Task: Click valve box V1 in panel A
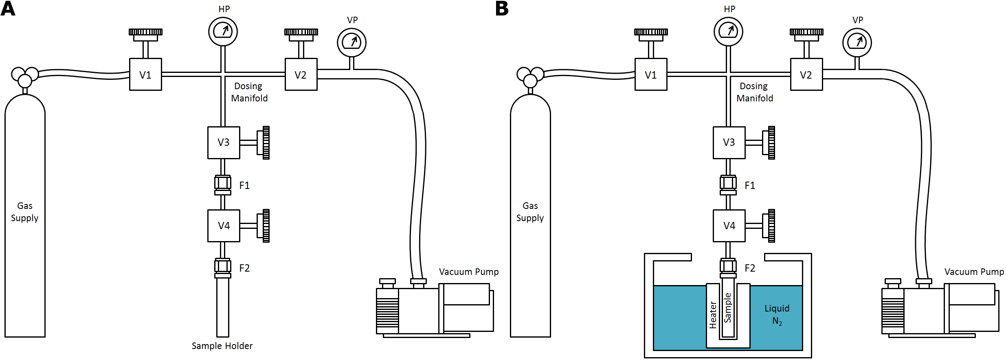(x=145, y=75)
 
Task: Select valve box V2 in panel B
(x=806, y=75)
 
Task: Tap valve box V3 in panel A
(x=224, y=143)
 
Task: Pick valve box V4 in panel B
(x=729, y=226)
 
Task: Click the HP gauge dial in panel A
(x=223, y=31)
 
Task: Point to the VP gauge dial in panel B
(x=857, y=42)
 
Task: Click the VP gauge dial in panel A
(x=351, y=42)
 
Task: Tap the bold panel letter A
(x=8, y=9)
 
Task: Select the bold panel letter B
(x=502, y=9)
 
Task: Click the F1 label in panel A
(x=244, y=186)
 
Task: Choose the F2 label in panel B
(x=750, y=268)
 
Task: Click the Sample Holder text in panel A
(x=222, y=346)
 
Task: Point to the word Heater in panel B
(x=713, y=315)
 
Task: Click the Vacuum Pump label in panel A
(x=469, y=272)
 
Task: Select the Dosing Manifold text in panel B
(x=754, y=92)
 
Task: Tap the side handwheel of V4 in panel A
(x=266, y=226)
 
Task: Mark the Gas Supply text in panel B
(x=530, y=212)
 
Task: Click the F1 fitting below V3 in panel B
(x=728, y=185)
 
